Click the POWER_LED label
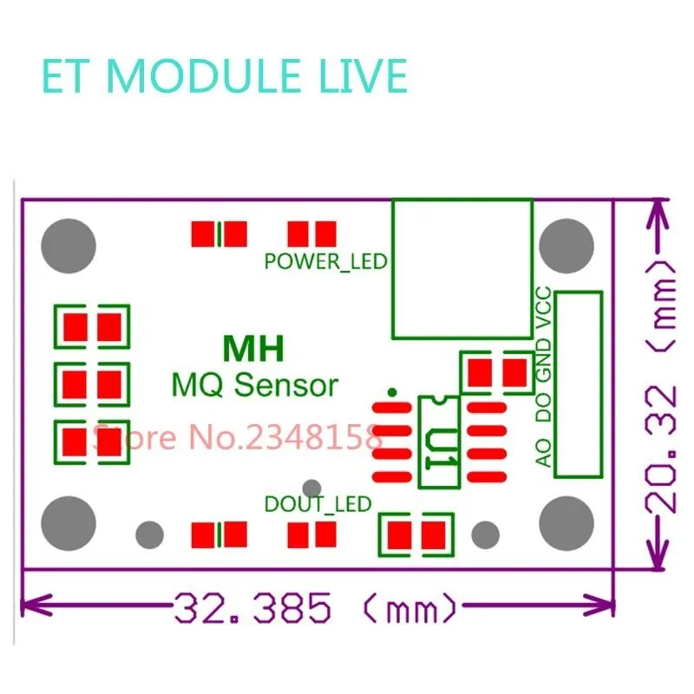325,260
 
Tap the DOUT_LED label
318,503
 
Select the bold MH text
253,349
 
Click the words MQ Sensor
255,383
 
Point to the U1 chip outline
438,442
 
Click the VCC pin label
543,307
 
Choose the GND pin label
543,363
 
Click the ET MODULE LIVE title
224,76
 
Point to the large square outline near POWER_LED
462,269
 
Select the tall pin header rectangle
579,383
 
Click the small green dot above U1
393,392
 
